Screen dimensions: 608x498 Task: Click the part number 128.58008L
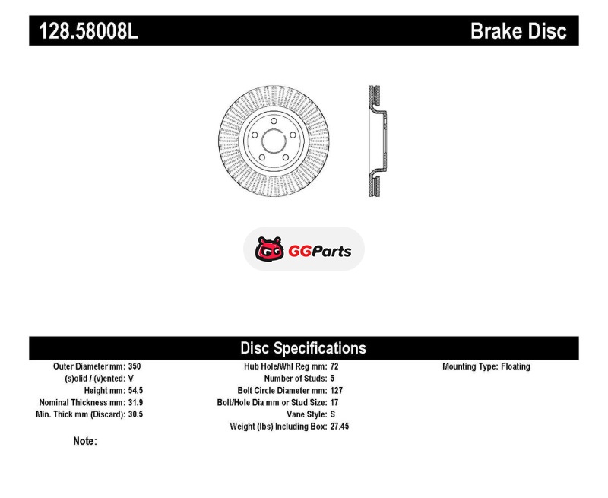88,31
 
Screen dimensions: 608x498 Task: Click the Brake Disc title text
518,31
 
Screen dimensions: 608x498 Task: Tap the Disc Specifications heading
303,348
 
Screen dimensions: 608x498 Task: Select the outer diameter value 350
135,366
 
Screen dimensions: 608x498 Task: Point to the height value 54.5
135,390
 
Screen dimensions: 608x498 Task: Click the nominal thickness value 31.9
135,402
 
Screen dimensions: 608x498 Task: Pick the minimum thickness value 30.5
135,414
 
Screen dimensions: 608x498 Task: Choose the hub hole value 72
334,366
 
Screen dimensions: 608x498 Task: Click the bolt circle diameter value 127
337,390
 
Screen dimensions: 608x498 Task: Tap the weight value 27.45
340,427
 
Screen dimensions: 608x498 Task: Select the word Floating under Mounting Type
515,366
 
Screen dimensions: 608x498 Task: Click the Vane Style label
307,414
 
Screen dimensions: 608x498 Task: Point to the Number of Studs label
296,378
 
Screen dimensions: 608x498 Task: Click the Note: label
85,441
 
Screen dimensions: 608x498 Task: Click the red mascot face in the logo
269,249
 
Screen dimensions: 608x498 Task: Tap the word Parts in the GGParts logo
331,252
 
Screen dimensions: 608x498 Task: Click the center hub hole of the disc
274,141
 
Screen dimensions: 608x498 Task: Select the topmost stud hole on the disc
274,121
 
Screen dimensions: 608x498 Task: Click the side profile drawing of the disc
377,141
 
